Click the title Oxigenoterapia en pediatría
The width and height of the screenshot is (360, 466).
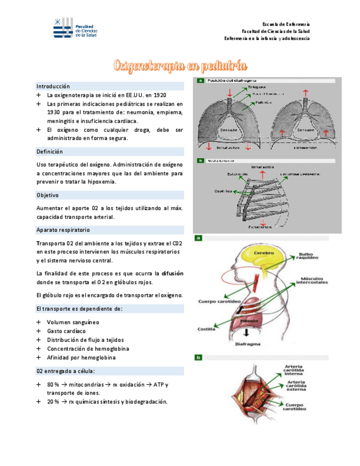click(x=180, y=66)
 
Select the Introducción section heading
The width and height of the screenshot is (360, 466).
click(x=53, y=86)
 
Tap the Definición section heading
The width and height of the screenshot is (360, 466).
click(x=49, y=152)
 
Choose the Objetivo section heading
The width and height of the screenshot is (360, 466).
click(x=47, y=195)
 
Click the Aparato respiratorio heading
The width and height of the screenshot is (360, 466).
click(x=63, y=230)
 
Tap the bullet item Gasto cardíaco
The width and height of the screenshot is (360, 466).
click(x=66, y=331)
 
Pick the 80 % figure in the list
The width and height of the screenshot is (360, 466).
click(x=53, y=384)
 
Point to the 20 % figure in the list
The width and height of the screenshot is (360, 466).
click(x=53, y=402)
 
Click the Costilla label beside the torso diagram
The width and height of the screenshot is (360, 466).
click(x=207, y=330)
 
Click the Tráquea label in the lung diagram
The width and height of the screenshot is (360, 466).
click(x=257, y=87)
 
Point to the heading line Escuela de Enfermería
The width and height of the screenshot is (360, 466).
click(x=286, y=25)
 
